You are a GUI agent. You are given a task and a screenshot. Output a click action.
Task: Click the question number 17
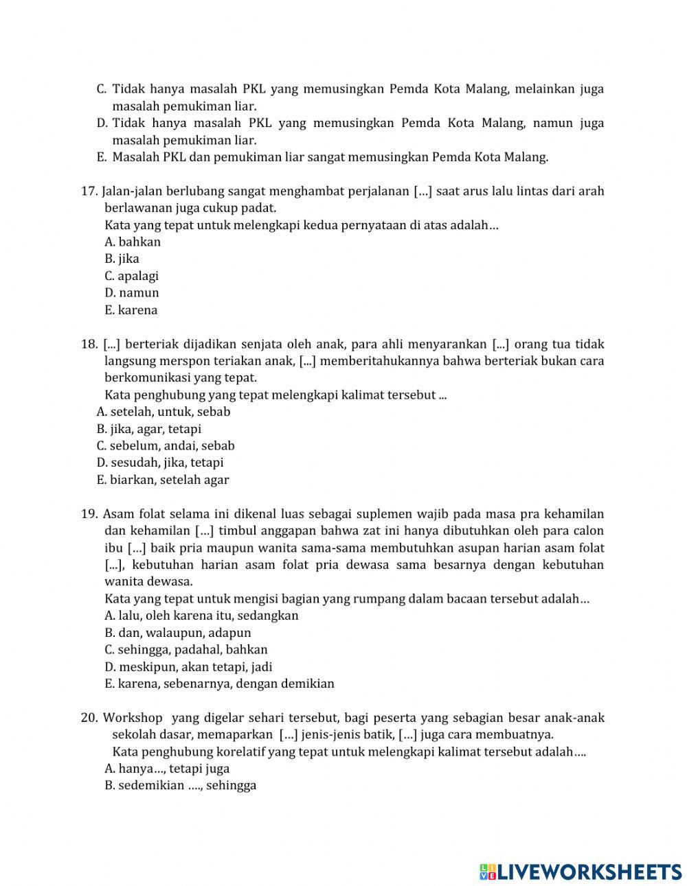click(89, 191)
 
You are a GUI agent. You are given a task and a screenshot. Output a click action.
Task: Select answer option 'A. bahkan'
click(133, 242)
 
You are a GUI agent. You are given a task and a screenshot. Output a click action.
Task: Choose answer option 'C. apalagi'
click(131, 276)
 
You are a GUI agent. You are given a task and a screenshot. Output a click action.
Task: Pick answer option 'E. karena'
click(131, 310)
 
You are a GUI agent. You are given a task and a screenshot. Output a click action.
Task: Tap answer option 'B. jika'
click(122, 259)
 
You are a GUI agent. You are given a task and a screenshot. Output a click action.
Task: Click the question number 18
click(89, 344)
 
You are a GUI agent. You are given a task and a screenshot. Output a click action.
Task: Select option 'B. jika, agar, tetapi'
click(149, 429)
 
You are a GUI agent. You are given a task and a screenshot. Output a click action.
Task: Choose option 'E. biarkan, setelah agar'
click(163, 480)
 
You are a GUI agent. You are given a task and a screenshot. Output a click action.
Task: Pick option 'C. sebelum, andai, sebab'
click(166, 445)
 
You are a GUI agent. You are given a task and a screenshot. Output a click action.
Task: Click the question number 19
click(89, 514)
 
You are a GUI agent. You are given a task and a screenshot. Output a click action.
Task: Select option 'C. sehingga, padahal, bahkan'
click(186, 649)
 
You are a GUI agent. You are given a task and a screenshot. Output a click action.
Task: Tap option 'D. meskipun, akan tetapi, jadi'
click(188, 666)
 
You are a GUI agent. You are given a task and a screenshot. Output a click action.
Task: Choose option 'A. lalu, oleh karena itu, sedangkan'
click(201, 616)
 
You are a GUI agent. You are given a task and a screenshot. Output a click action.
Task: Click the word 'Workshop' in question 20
click(133, 718)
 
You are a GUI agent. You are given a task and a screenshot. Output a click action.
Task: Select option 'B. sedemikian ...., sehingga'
click(180, 785)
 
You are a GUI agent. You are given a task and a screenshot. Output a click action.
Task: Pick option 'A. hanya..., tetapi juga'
click(167, 769)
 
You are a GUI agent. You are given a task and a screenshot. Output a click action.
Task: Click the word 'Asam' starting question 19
click(117, 514)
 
